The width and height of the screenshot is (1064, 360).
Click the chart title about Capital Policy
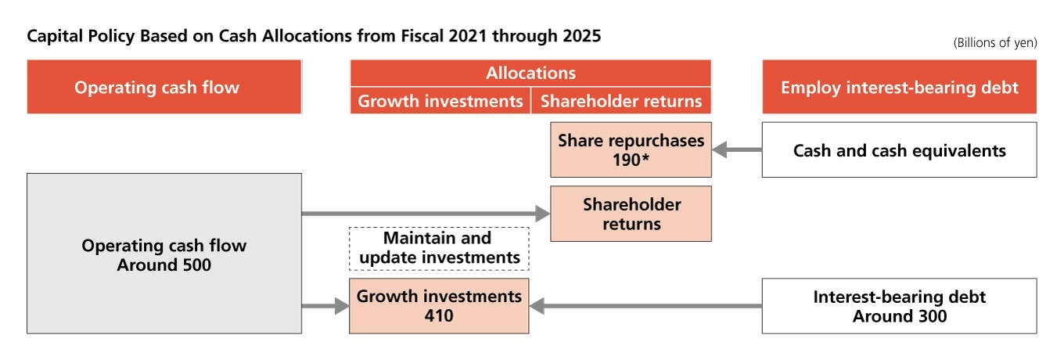(x=314, y=36)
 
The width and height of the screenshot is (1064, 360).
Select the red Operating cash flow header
(x=164, y=87)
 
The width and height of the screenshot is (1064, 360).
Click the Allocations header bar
(x=530, y=74)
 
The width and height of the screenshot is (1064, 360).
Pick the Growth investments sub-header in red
(x=440, y=101)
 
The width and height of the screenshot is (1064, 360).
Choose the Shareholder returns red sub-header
(x=621, y=101)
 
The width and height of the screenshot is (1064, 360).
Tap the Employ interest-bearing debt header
(x=899, y=87)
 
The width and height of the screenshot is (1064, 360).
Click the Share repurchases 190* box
(x=631, y=149)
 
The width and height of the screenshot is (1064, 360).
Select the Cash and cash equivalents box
(x=899, y=149)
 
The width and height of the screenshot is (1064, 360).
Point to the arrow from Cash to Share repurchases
(x=736, y=149)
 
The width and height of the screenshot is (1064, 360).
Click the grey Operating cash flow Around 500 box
(x=164, y=254)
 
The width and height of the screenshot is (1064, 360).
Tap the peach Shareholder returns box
(x=631, y=214)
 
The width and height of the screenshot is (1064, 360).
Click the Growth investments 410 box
(x=439, y=306)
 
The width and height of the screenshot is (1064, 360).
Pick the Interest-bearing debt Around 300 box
(x=899, y=306)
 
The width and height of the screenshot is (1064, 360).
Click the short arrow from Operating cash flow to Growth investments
(x=325, y=306)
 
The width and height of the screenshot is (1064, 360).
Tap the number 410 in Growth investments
(x=439, y=316)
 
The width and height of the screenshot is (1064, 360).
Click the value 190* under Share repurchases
(x=631, y=160)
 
